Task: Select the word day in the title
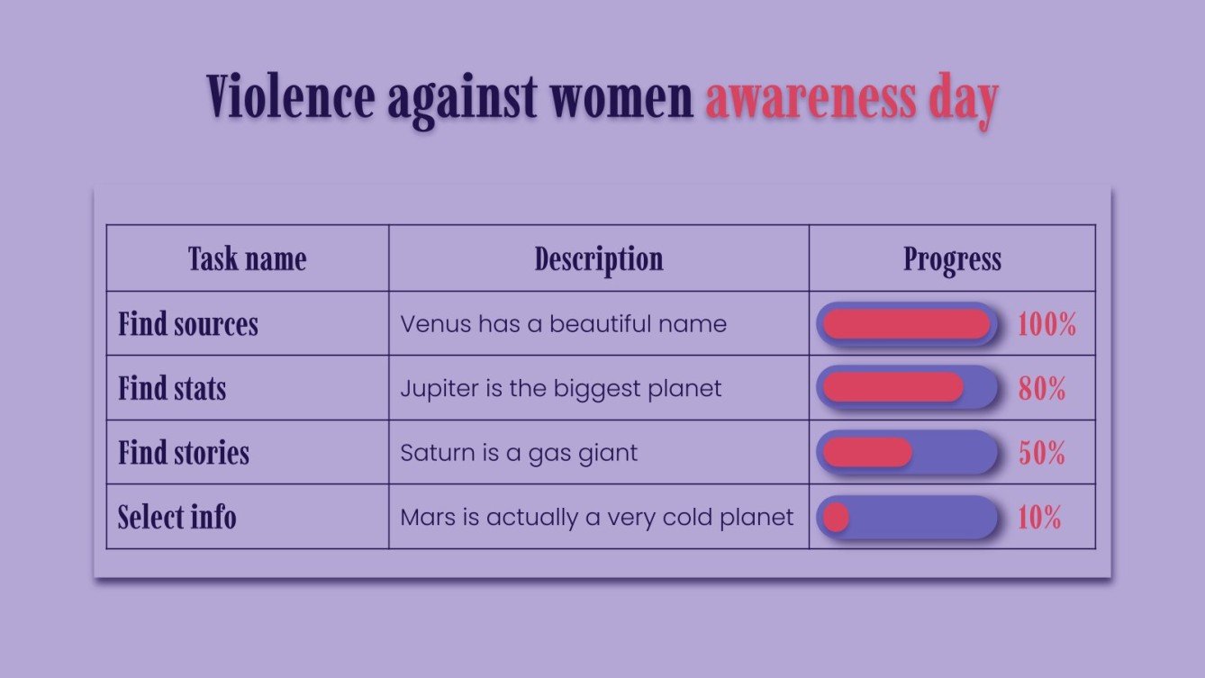962,99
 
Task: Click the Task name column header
247,259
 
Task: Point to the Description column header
598,259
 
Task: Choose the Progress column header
952,259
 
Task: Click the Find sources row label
188,324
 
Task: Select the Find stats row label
172,389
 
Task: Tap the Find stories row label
184,453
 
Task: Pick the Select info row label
177,518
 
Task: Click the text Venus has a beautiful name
563,324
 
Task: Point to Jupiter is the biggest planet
560,389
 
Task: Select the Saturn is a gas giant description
519,453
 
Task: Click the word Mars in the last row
429,518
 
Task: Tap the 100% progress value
1046,325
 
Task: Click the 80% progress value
1042,389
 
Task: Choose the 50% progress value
1042,454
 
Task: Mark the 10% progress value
1039,519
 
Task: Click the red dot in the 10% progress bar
836,518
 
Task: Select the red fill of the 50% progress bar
867,453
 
